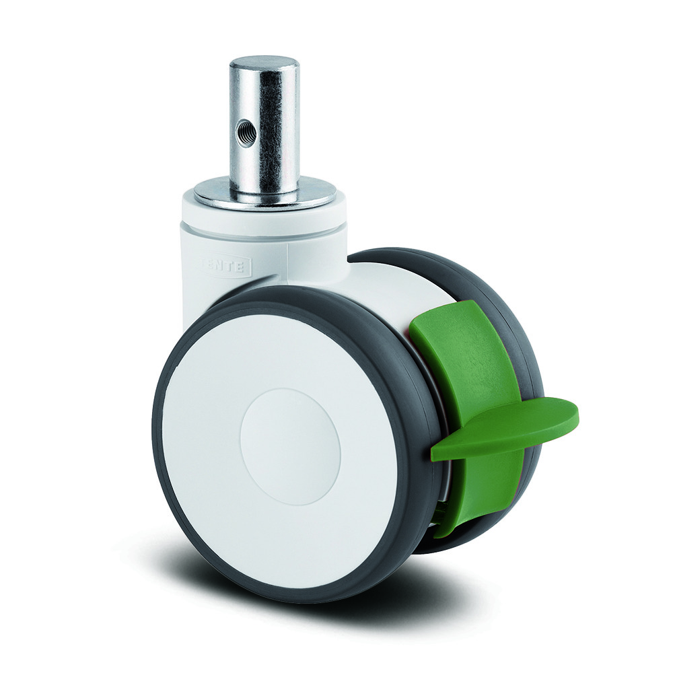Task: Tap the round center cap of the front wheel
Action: [290, 447]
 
